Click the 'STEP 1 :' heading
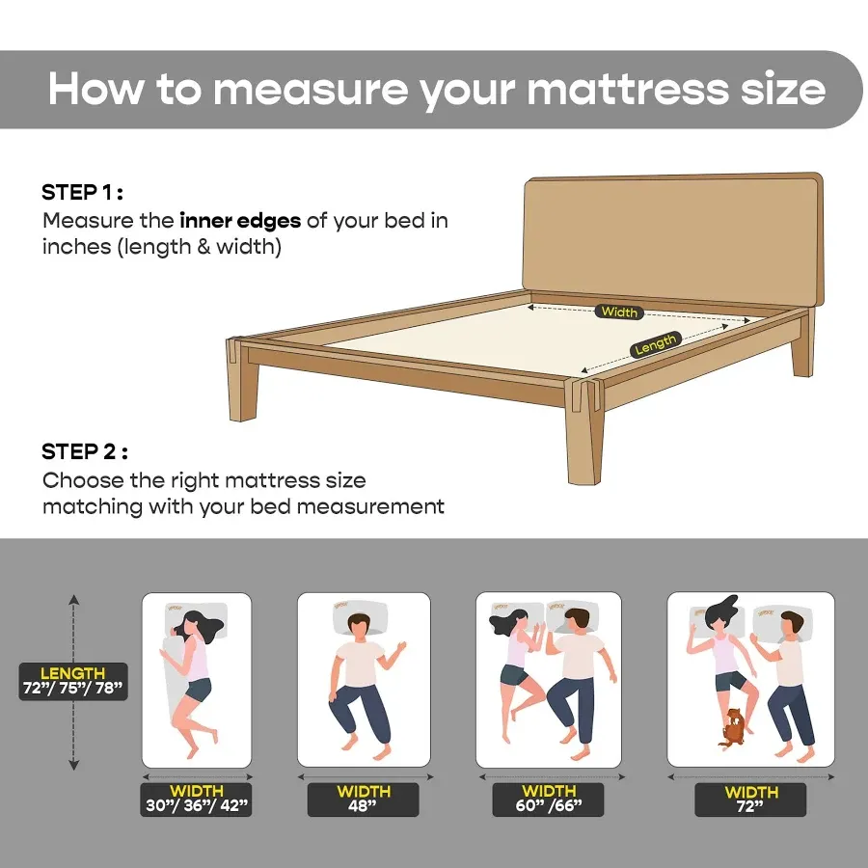tap(82, 192)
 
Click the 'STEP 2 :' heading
tap(84, 451)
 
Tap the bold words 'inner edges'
tap(240, 220)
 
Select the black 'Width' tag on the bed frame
tap(619, 312)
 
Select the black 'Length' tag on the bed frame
tap(655, 343)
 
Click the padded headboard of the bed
tap(672, 236)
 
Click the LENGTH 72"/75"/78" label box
tap(73, 681)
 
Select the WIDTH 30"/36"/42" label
tap(196, 800)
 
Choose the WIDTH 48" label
tap(363, 800)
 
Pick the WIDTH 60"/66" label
tap(548, 800)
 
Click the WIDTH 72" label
tap(750, 800)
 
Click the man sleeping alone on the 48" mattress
tap(361, 680)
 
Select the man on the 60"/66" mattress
tap(575, 675)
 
